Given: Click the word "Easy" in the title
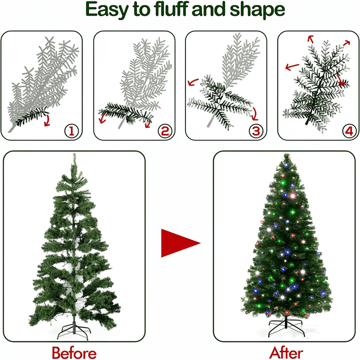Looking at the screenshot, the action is (x=107, y=10).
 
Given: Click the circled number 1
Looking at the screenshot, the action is (x=71, y=131).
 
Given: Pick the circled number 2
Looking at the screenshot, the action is (x=165, y=131).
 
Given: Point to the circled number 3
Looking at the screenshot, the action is (x=256, y=131).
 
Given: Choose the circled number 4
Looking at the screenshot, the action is (x=349, y=131).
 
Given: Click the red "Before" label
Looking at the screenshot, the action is (x=74, y=352).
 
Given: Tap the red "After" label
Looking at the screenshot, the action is (x=286, y=352).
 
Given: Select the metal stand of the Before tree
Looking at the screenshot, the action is (x=73, y=329).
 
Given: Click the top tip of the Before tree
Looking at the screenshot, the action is (x=74, y=153).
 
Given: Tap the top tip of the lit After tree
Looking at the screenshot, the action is (x=286, y=154).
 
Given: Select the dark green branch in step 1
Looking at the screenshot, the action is (x=32, y=116).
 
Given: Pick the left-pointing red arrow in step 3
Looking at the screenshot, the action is (x=193, y=81).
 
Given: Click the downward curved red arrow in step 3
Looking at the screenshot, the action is (x=255, y=114).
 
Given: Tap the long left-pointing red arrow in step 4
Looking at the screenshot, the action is (x=292, y=67).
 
